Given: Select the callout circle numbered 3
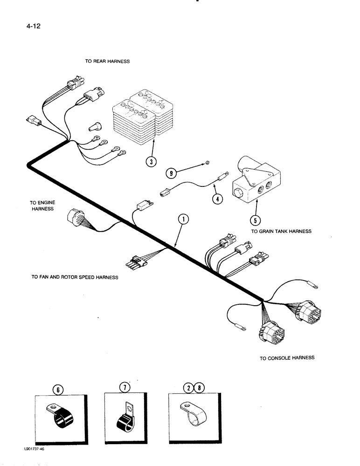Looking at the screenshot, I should [151, 162].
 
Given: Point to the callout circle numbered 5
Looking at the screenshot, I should [256, 220].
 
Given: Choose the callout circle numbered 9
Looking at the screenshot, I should [172, 174].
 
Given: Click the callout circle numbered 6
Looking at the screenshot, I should [56, 388].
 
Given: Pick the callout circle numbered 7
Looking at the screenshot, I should [125, 387].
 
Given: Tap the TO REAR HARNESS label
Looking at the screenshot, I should [107, 62].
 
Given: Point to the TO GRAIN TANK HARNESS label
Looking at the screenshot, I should [281, 231].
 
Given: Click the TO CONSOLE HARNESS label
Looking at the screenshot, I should [287, 358].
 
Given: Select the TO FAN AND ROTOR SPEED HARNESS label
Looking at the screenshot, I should [75, 277].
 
